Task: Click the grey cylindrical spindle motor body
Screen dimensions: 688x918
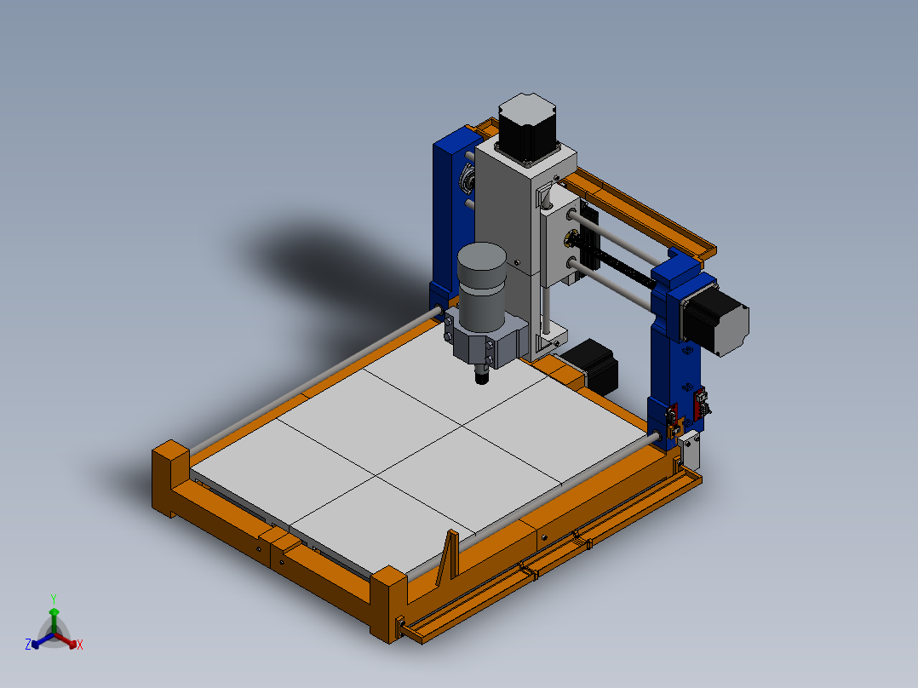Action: pos(482,287)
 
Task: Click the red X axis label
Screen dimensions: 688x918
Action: pos(80,645)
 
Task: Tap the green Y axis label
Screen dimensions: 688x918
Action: pos(54,599)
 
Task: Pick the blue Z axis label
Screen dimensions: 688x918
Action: pos(28,645)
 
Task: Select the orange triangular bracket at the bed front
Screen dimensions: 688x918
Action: pos(449,558)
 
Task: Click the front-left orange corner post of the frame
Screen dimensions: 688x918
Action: pos(169,477)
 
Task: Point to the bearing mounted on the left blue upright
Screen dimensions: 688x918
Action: pos(467,180)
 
